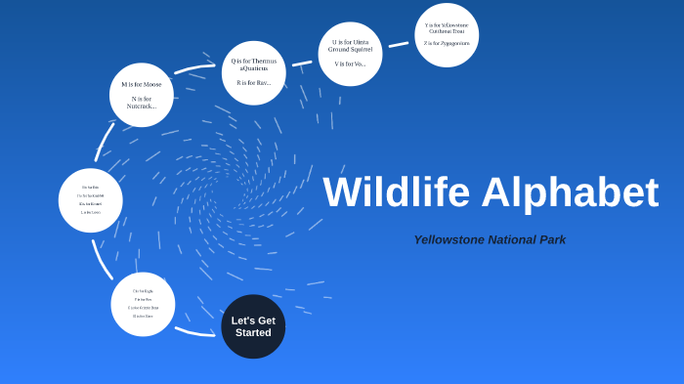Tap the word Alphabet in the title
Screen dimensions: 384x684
[570, 192]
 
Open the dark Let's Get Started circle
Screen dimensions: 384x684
[253, 326]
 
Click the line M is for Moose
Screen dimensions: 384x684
[142, 85]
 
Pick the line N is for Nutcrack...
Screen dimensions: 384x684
[142, 103]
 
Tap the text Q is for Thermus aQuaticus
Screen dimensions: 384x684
[254, 64]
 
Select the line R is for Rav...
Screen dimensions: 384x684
[254, 83]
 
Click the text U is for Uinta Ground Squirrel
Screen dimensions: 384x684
[351, 46]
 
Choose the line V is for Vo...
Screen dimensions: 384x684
[350, 64]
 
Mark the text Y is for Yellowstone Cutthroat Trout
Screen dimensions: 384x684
[447, 27]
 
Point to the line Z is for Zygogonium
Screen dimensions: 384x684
[447, 43]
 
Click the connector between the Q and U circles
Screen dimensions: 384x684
[302, 64]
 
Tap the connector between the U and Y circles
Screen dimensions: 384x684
[399, 44]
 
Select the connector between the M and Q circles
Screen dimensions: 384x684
[194, 69]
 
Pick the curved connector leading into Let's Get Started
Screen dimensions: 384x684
[194, 332]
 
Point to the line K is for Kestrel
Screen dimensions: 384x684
[91, 203]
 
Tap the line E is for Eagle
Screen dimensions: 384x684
[143, 291]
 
